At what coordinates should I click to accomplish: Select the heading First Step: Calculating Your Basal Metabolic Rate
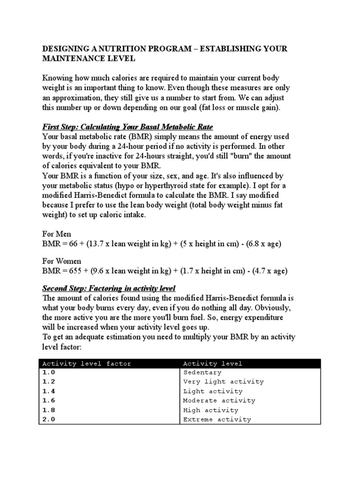pyautogui.click(x=127, y=127)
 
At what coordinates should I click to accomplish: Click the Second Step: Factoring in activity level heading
pyautogui.click(x=109, y=288)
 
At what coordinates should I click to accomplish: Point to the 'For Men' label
pyautogui.click(x=57, y=234)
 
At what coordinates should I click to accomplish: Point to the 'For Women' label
pyautogui.click(x=61, y=261)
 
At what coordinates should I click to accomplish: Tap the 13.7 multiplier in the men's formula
pyautogui.click(x=97, y=244)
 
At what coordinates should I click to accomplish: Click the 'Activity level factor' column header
pyautogui.click(x=87, y=363)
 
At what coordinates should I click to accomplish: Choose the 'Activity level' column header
pyautogui.click(x=213, y=363)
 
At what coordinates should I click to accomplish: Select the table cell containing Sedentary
pyautogui.click(x=202, y=373)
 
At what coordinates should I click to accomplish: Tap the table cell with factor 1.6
pyautogui.click(x=49, y=401)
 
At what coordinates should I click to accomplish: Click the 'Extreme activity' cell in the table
pyautogui.click(x=217, y=420)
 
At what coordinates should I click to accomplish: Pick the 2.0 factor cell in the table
pyautogui.click(x=49, y=420)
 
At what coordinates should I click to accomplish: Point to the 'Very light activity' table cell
pyautogui.click(x=223, y=382)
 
